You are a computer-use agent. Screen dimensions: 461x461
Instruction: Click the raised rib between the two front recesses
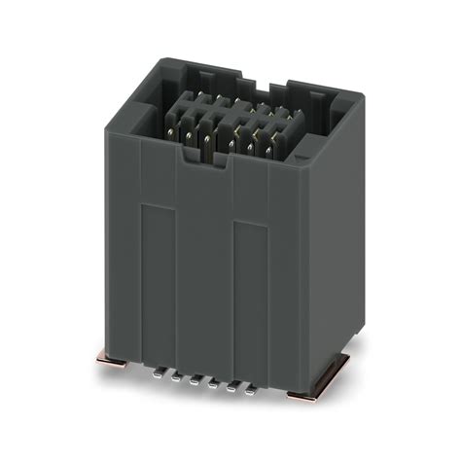(203, 282)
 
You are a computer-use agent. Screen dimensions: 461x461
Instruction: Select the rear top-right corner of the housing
(361, 97)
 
